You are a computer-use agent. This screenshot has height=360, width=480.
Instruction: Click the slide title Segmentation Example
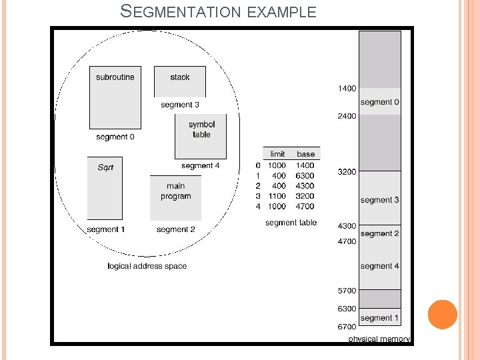(218, 11)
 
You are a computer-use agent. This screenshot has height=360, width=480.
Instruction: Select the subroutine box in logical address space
(115, 97)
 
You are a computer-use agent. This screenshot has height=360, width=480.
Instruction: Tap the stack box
(179, 81)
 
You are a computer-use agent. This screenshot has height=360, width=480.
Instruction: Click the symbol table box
(201, 135)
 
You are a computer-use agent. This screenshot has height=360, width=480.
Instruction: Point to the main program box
(175, 197)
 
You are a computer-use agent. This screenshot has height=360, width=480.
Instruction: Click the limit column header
(277, 154)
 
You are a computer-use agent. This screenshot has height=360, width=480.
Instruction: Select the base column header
(306, 154)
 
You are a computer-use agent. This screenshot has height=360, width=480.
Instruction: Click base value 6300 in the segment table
(305, 175)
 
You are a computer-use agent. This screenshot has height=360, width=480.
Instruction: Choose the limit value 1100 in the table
(277, 196)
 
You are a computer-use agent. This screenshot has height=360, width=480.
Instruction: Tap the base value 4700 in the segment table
(305, 206)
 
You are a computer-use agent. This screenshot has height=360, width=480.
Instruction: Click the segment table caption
(291, 223)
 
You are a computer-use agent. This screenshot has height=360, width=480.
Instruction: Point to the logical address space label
(147, 266)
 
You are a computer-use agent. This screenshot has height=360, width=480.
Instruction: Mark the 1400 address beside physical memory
(347, 88)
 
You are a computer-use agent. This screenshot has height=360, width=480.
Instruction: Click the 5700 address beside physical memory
(347, 291)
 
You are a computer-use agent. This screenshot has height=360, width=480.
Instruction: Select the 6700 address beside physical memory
(347, 327)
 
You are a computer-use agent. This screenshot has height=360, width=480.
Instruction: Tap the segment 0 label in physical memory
(380, 102)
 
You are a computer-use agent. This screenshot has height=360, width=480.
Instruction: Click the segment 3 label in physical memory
(380, 200)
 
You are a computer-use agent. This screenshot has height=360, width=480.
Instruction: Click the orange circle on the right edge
(442, 314)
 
